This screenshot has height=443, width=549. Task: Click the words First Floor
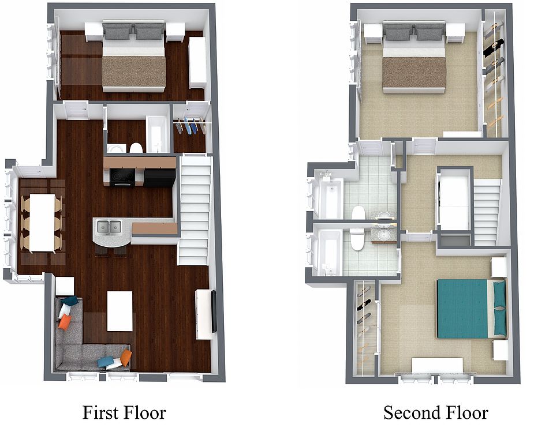click(x=124, y=412)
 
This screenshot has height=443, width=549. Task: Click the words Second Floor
click(x=435, y=412)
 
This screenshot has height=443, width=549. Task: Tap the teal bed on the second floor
click(x=471, y=309)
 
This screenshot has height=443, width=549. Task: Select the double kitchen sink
click(x=109, y=228)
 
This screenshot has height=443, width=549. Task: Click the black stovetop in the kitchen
click(x=122, y=177)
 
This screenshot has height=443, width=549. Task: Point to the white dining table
click(x=42, y=223)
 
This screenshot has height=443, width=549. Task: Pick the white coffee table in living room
click(x=119, y=311)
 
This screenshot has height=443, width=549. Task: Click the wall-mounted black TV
click(x=214, y=311)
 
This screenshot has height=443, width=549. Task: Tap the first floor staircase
click(x=195, y=211)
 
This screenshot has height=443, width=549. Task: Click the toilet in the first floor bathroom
click(x=136, y=148)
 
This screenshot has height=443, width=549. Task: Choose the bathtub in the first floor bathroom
click(x=157, y=134)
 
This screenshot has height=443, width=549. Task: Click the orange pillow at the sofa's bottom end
click(x=126, y=357)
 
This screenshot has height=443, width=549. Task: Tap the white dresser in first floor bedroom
click(x=197, y=63)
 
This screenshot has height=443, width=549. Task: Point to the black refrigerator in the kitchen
click(x=159, y=178)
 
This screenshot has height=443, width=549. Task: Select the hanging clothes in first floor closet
click(x=189, y=126)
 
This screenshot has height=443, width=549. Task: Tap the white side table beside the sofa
click(x=65, y=286)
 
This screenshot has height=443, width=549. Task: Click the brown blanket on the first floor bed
click(x=134, y=72)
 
